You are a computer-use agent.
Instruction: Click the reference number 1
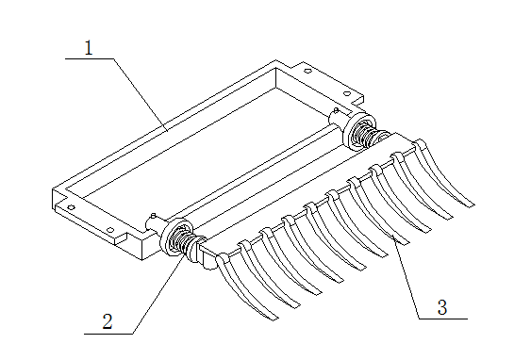coord(89,48)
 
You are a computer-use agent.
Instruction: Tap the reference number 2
coord(108,321)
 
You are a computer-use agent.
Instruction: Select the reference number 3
coord(442,307)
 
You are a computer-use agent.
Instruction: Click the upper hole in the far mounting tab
coord(307,71)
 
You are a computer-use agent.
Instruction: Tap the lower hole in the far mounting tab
coord(347,93)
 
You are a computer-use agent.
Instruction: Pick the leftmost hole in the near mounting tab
coord(71,207)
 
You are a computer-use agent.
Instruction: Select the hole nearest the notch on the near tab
coord(110,230)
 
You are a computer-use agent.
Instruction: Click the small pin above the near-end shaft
coord(154,216)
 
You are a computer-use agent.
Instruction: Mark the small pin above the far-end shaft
coord(336,110)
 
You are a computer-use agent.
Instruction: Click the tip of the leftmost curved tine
coord(275,319)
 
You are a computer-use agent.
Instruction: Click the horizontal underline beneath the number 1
coord(90,58)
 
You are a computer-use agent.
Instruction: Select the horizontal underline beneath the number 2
coord(108,334)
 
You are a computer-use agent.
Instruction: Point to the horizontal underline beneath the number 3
coord(443,319)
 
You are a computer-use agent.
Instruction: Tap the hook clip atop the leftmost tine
coord(223,258)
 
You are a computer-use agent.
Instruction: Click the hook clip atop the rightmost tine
coord(421,144)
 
